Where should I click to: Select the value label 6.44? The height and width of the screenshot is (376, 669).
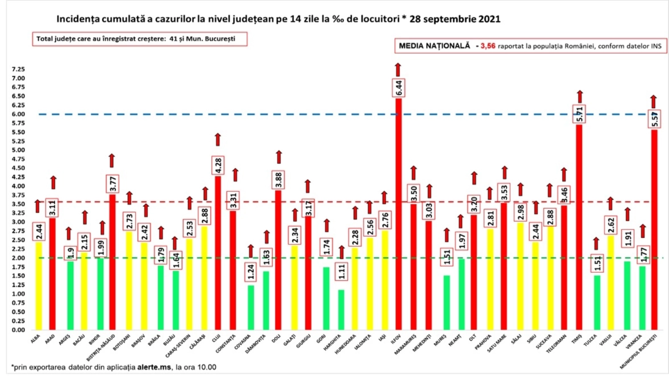point(398,88)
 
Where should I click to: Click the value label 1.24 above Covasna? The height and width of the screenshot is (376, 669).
point(251,272)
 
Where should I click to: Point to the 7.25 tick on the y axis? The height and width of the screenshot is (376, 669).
point(18,69)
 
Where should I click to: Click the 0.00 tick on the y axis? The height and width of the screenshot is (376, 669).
point(18,330)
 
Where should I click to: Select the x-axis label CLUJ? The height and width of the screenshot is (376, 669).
point(216,338)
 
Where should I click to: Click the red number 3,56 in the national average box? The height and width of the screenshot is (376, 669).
point(488,46)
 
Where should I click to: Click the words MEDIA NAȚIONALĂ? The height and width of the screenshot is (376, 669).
point(434,46)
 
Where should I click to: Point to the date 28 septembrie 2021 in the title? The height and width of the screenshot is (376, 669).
point(455,19)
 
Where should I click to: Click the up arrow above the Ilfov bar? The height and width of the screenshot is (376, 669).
point(398,69)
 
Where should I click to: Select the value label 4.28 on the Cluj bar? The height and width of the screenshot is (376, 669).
point(218,165)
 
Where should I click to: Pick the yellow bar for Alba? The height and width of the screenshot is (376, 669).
point(38,284)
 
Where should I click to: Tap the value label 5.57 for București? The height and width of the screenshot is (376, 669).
point(655,119)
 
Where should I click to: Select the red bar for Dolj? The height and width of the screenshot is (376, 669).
point(278,259)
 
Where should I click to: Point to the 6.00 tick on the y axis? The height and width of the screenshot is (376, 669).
point(18,114)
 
